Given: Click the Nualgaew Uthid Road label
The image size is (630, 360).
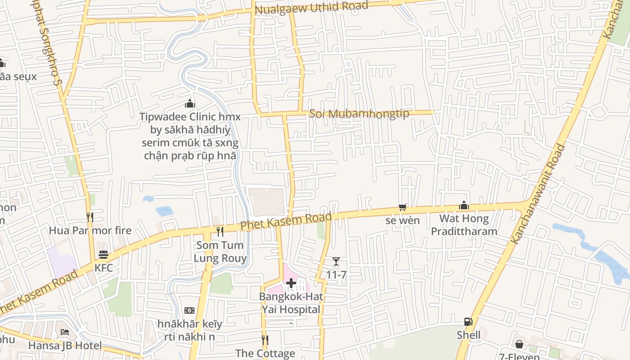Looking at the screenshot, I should point(311,8).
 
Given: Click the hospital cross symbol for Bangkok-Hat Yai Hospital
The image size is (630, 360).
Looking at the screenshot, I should point(291,283).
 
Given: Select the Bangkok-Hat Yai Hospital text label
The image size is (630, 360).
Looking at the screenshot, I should point(291,303).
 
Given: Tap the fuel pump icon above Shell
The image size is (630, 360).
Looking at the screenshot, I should point(468,322).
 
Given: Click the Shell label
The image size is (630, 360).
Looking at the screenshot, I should point(468,335).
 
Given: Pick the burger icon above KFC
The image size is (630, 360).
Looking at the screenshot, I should point(103,254).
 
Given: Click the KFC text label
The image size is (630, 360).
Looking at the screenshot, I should point(103,268).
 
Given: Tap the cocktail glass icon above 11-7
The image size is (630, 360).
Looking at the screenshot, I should point(336,261).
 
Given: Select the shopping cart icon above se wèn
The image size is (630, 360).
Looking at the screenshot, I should point(403,207).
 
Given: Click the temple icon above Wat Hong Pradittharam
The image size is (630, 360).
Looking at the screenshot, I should point(464,206).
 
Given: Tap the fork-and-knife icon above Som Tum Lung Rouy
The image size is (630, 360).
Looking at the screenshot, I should point(220,232).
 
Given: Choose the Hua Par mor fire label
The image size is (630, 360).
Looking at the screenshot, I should point(90,230).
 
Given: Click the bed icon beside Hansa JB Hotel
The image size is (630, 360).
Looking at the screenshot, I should point(65,333).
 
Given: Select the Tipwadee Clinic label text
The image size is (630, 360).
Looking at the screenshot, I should point(190,136).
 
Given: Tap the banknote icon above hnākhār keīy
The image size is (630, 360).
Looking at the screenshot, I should point(189,310).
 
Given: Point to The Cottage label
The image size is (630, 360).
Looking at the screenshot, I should point(265,353).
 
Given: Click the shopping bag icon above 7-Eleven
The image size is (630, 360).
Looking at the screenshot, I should point(519,344).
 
